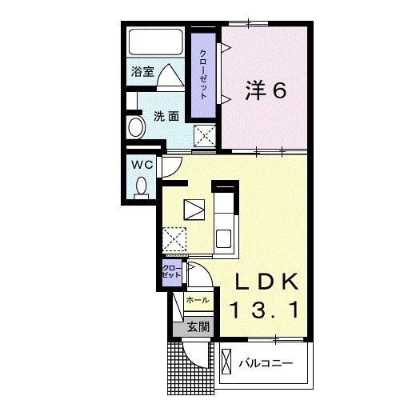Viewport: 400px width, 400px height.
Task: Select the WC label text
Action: [x=142, y=164]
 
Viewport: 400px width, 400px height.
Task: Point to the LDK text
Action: [x=267, y=282]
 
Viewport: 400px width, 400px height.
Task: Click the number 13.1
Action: [x=267, y=309]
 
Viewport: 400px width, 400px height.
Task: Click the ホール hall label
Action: [x=198, y=300]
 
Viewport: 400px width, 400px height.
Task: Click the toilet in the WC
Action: [x=142, y=186]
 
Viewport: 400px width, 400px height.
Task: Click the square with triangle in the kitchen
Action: [x=194, y=209]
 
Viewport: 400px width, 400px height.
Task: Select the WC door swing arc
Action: [x=170, y=166]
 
